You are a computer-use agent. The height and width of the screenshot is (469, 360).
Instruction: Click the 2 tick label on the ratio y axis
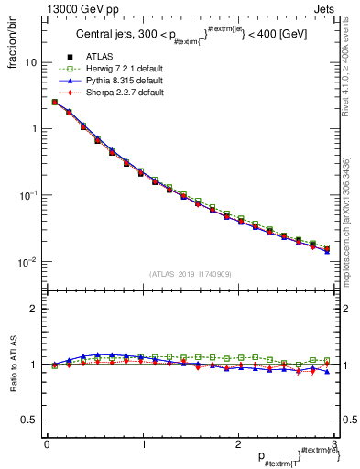point(33,309)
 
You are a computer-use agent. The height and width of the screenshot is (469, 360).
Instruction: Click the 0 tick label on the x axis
point(47,443)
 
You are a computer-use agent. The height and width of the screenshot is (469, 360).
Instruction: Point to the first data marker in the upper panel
point(55,102)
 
